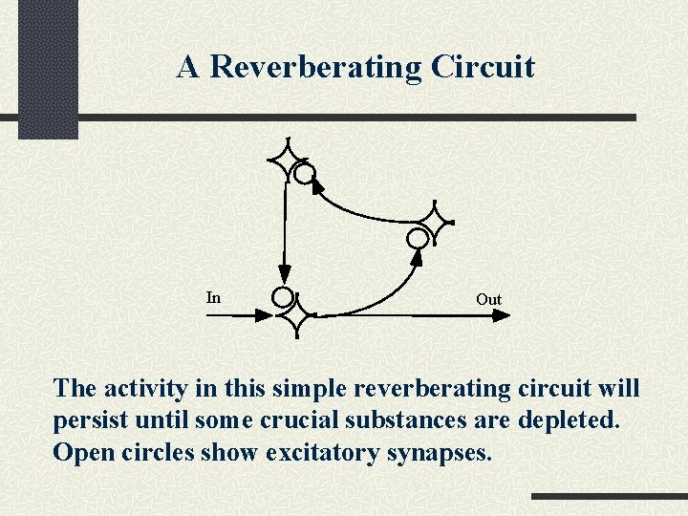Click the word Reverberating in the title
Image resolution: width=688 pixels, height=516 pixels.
click(x=315, y=67)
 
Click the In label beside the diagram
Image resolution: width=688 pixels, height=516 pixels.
click(x=213, y=298)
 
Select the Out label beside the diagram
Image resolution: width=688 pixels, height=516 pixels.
click(x=488, y=300)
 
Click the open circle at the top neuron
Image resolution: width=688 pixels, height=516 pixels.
click(x=304, y=173)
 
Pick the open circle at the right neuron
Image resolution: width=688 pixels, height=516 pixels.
click(x=419, y=237)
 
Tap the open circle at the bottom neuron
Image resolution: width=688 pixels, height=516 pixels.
click(x=283, y=297)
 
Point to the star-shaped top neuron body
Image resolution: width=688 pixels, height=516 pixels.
click(x=286, y=159)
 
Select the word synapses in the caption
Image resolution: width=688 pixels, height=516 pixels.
click(x=440, y=452)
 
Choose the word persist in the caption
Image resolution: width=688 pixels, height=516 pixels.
click(x=94, y=420)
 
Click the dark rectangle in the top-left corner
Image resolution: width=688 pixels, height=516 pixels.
click(x=48, y=69)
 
